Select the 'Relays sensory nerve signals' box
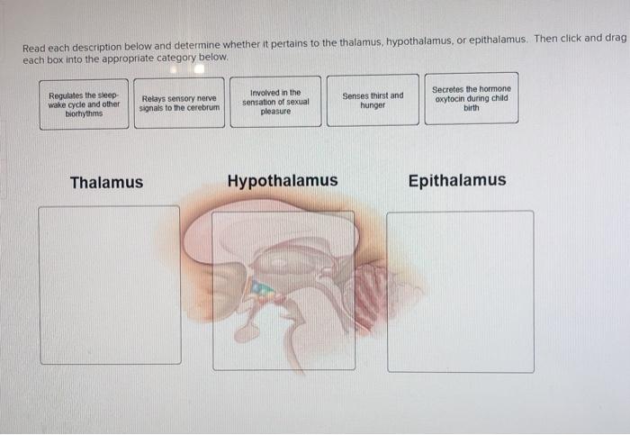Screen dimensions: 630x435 point(179,104)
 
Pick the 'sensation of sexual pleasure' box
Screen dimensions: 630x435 point(275,102)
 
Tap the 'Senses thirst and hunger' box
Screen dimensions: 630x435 point(373,100)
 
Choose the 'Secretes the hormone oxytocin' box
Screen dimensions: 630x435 point(471,98)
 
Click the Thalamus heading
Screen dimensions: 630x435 point(106,183)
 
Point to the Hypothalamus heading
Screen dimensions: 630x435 point(283,181)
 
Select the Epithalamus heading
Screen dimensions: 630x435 point(457,180)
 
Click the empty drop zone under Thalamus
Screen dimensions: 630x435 point(110,285)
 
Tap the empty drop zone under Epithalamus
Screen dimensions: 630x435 point(460,291)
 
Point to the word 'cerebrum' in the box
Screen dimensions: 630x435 point(201,108)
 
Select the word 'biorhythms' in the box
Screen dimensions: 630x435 point(84,114)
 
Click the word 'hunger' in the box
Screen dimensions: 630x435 point(373,105)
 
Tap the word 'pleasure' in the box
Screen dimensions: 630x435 point(275,112)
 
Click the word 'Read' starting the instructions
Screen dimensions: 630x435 point(32,48)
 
